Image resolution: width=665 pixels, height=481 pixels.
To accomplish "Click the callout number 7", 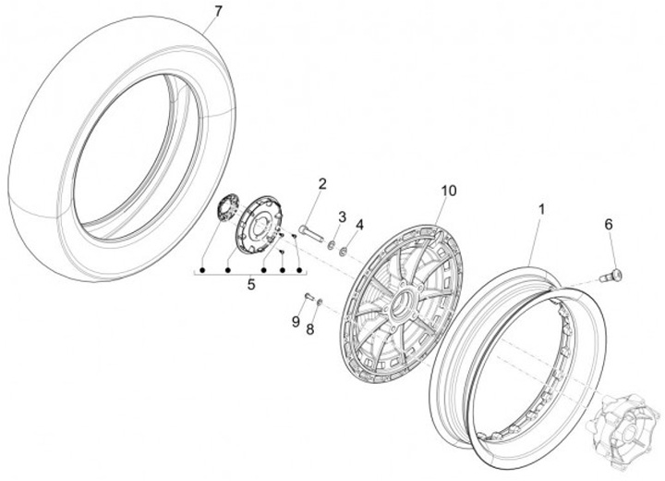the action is click(218, 11).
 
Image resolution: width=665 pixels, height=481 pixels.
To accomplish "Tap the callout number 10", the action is click(448, 191).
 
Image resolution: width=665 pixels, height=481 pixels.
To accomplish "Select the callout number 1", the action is click(542, 210).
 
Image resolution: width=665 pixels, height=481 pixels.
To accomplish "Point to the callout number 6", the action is click(609, 224).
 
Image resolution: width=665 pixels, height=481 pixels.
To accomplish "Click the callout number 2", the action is click(322, 183).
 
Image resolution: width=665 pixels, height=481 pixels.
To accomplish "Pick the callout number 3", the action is click(341, 217).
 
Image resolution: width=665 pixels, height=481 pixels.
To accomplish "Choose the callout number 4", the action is click(360, 225).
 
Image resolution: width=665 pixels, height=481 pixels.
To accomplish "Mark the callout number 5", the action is click(250, 286).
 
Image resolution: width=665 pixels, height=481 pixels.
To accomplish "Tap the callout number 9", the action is click(296, 321).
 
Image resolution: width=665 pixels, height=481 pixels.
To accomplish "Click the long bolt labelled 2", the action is click(311, 232).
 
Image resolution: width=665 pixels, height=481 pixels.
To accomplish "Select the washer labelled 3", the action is click(332, 245).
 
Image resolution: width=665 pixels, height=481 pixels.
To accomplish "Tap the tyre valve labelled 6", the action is click(612, 272).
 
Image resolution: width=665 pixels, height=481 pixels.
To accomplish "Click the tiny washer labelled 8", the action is click(319, 302).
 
